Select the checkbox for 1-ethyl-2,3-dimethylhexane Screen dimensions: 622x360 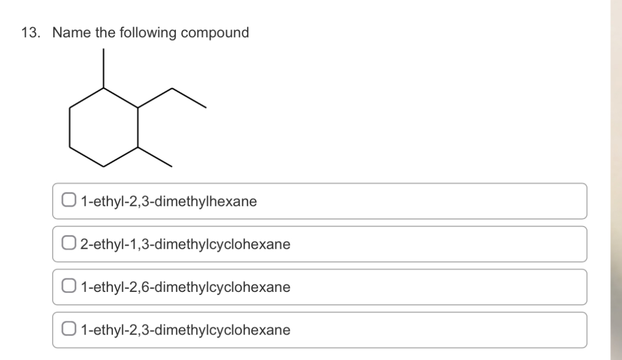point(69,201)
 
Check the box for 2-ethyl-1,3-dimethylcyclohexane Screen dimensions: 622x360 point(69,244)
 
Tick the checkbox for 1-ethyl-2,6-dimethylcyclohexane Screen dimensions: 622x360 point(69,287)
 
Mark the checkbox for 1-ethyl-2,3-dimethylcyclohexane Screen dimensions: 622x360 point(69,330)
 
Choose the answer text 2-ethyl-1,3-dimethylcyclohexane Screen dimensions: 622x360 point(186,244)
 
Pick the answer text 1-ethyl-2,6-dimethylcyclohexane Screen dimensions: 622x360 point(186,287)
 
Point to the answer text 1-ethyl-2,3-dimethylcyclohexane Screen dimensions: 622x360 point(186,330)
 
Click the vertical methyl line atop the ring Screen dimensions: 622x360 point(103,68)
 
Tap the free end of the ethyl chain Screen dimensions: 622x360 point(206,108)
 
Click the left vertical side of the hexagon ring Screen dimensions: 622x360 point(70,128)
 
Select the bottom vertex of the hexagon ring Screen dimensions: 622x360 point(104,166)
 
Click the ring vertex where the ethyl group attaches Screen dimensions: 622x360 point(138,108)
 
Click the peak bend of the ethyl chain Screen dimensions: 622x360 point(172,88)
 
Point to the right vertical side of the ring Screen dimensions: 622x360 point(138,128)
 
